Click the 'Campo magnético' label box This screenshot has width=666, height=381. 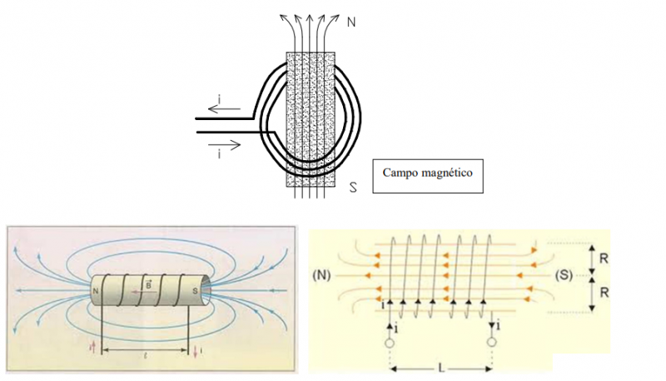coord(427,174)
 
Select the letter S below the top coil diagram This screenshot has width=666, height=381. coord(353,188)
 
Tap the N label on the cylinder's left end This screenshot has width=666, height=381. coord(97,291)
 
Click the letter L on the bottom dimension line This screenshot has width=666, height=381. coord(441,368)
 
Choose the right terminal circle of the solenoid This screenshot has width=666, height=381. coord(493,342)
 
